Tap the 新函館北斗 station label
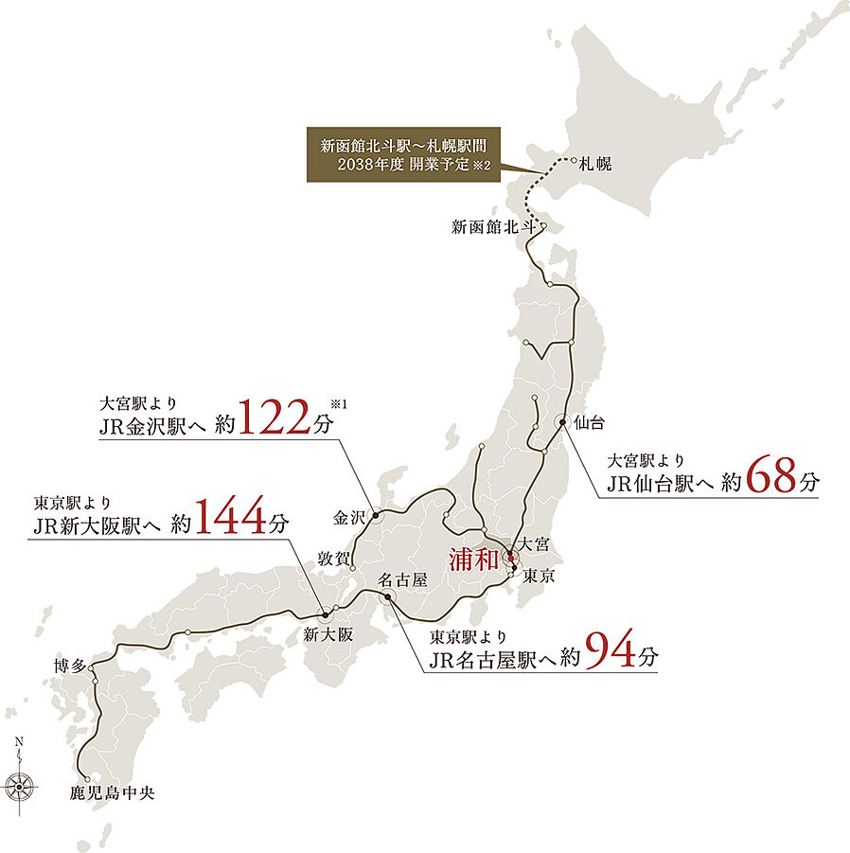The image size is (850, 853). click(493, 227)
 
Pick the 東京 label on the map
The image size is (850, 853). click(538, 576)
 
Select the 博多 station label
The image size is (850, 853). click(72, 667)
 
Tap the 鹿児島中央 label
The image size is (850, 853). click(112, 792)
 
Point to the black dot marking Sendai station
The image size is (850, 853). click(562, 422)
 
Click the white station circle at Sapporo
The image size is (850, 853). click(574, 160)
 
